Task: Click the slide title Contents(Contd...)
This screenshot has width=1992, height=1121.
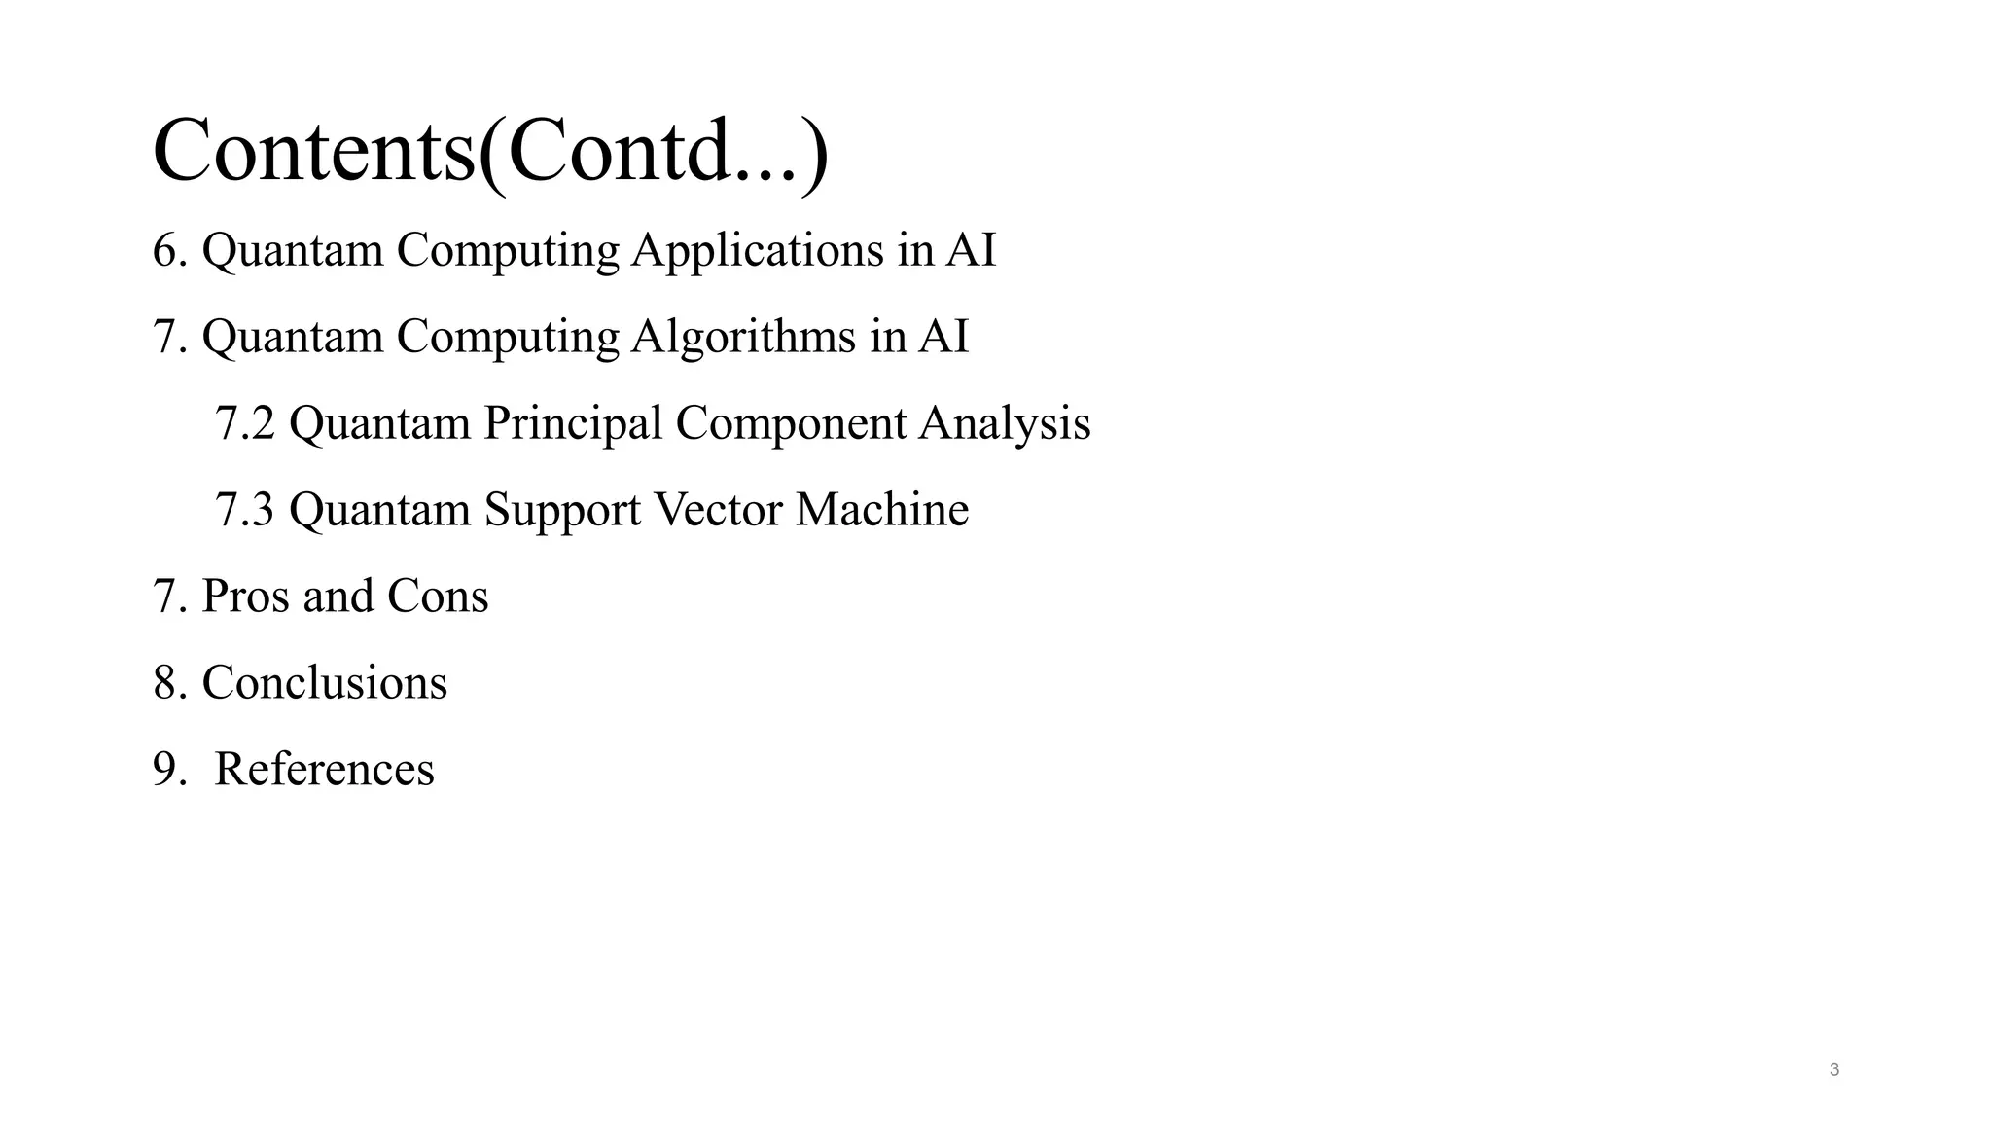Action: coord(490,151)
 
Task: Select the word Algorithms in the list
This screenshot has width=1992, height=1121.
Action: coord(743,337)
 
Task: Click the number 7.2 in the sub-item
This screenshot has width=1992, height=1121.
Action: coord(244,423)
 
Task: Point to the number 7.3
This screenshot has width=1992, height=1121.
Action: coord(244,510)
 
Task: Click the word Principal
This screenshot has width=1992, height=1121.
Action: coord(573,423)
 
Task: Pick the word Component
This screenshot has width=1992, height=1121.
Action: coord(791,423)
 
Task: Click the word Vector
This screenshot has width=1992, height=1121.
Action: coord(718,510)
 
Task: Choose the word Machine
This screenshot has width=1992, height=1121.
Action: coord(882,510)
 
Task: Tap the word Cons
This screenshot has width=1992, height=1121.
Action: coord(438,596)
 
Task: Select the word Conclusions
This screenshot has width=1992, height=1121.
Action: coord(324,682)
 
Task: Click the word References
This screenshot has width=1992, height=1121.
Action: coord(324,769)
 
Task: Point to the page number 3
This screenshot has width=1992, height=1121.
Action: coord(1834,1070)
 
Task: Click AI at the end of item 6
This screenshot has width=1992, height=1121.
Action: coord(971,250)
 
